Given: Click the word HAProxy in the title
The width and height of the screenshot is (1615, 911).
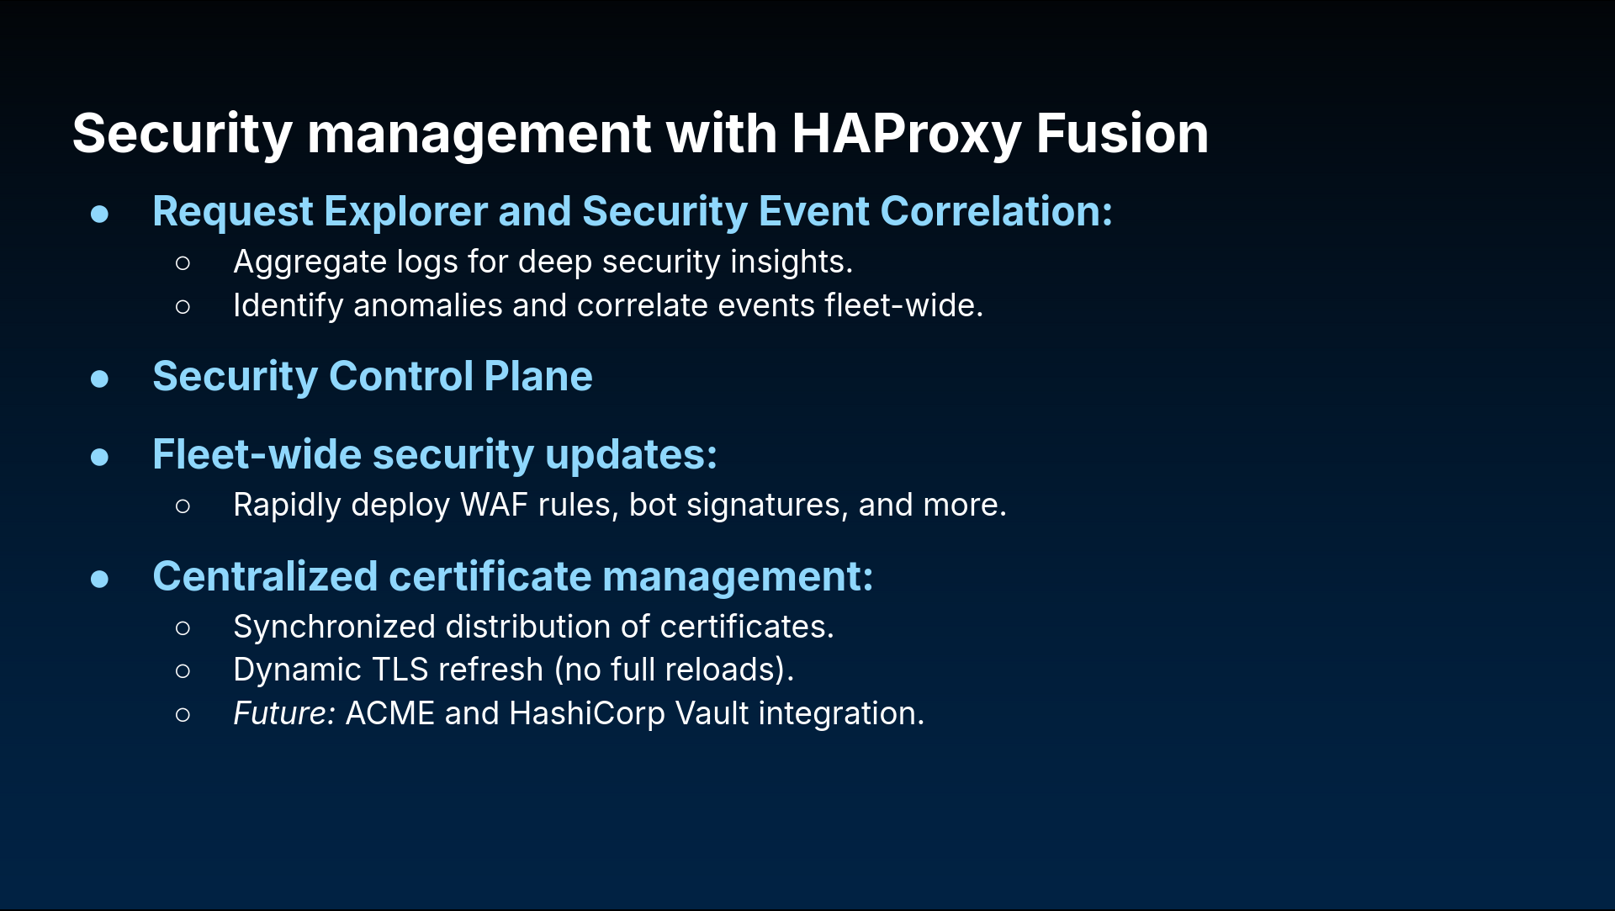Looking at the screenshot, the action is pyautogui.click(x=906, y=135).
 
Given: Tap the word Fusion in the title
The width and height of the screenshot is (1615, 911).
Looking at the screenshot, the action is pyautogui.click(x=1122, y=134).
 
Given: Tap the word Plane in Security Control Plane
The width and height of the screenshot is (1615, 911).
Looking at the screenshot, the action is pyautogui.click(x=538, y=376).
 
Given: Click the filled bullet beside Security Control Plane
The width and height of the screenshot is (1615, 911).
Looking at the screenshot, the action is pyautogui.click(x=99, y=379).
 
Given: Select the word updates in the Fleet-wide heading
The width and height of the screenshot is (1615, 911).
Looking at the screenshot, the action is pyautogui.click(x=631, y=456).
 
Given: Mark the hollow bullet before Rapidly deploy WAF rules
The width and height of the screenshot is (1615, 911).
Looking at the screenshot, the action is pyautogui.click(x=183, y=506).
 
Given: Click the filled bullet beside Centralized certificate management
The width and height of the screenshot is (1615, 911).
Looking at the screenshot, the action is pyautogui.click(x=99, y=579).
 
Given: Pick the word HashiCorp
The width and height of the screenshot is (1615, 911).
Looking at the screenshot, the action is pyautogui.click(x=587, y=714).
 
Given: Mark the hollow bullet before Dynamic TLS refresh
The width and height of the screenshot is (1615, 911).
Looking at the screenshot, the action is pyautogui.click(x=183, y=671).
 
